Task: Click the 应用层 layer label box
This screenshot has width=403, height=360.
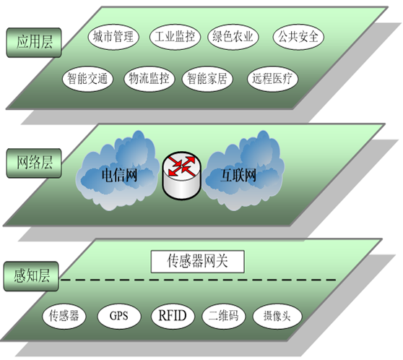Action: (34, 43)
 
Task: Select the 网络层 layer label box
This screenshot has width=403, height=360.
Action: (34, 163)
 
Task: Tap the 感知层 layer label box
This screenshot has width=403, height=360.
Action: (31, 276)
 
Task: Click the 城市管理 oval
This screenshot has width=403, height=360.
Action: (113, 37)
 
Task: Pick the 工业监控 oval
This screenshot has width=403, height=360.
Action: (175, 37)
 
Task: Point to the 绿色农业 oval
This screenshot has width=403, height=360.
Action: (233, 37)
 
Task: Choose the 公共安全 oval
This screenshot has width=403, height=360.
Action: (298, 37)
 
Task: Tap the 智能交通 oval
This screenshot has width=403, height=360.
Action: (87, 79)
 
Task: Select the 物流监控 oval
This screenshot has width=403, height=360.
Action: (149, 79)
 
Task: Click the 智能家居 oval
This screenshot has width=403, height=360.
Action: (207, 79)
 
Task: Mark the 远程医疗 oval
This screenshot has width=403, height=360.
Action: (272, 79)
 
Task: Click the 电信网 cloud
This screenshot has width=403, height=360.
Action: (118, 171)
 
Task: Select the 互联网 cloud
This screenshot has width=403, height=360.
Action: (244, 171)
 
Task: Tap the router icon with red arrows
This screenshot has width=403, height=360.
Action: (182, 176)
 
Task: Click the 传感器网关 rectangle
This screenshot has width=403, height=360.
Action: (197, 262)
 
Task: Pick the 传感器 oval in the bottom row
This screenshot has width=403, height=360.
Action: (64, 316)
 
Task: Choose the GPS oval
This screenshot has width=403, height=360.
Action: (119, 316)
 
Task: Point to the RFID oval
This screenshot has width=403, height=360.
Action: (173, 316)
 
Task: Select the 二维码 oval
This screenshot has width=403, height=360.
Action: (224, 316)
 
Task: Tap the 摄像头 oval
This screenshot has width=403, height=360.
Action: (277, 316)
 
